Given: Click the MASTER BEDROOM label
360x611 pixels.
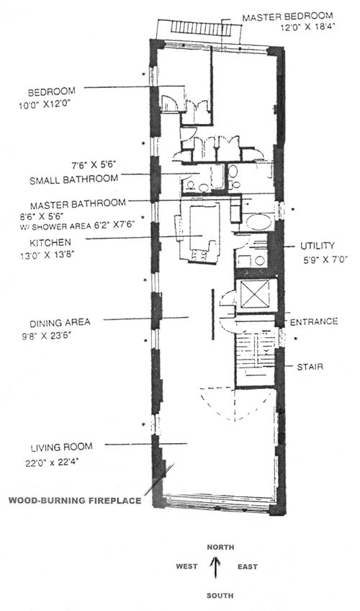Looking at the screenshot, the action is click(287, 17).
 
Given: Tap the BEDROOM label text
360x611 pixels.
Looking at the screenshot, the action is click(51, 92).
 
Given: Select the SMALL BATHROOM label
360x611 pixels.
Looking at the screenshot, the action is click(74, 179).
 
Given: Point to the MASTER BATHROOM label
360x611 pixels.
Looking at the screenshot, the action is click(78, 204).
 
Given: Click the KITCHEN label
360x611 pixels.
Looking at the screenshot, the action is click(50, 242).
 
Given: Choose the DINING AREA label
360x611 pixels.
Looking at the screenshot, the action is click(60, 323).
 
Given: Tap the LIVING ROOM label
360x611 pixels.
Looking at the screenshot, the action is click(61, 447).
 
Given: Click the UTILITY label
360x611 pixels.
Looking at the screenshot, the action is click(318, 246).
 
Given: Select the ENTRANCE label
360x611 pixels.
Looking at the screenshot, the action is click(314, 321).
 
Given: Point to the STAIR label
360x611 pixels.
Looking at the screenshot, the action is click(310, 367).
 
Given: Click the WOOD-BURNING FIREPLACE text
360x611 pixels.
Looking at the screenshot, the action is click(75, 500).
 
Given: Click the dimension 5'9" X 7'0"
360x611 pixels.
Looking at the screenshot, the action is click(325, 259).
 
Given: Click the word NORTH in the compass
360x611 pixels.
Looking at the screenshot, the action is click(220, 547).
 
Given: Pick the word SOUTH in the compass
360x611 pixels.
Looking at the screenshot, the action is click(220, 595).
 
